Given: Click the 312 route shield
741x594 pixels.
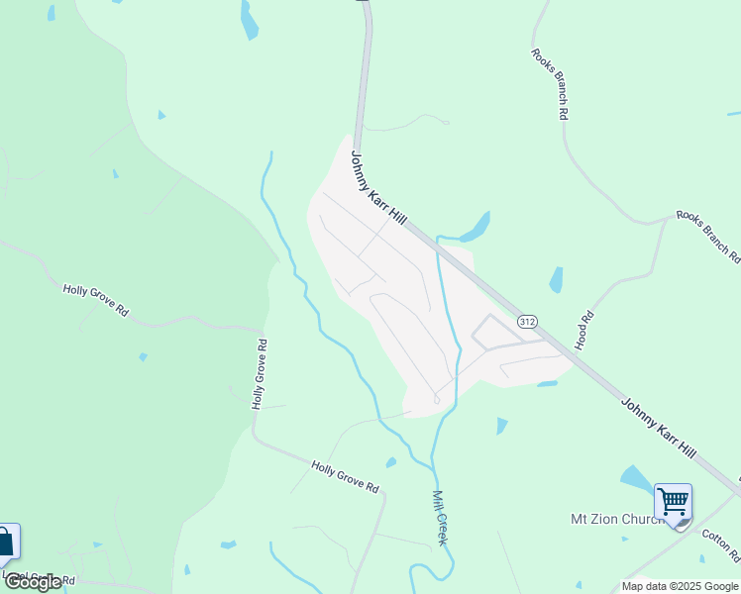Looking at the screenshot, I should (527, 322).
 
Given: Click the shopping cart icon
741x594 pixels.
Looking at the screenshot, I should (673, 502).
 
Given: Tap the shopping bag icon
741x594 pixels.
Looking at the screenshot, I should (6, 542).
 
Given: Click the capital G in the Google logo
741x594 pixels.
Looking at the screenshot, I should (15, 582).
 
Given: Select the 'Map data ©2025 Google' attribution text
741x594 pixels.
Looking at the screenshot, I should (681, 586).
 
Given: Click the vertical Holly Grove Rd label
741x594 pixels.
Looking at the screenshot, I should (260, 374).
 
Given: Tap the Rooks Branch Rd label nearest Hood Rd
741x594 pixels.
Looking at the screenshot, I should (707, 237).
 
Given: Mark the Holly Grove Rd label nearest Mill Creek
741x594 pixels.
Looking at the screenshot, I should (346, 477).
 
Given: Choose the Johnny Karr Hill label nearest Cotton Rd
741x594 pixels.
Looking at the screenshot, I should (658, 427).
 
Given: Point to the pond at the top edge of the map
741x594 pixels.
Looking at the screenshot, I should (249, 20).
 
